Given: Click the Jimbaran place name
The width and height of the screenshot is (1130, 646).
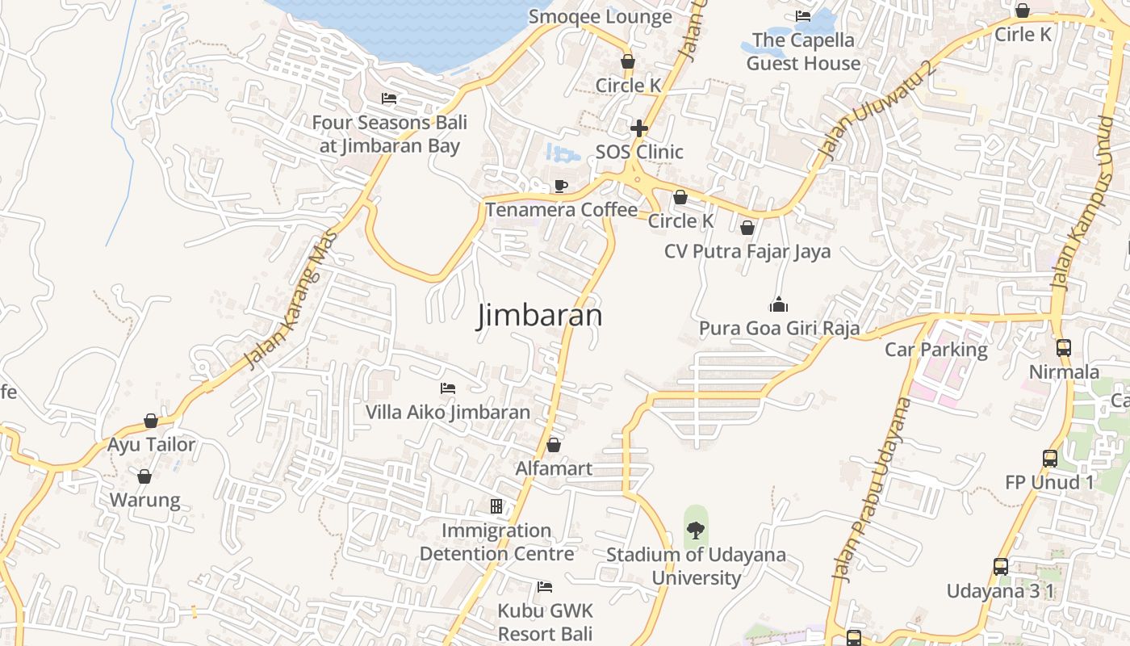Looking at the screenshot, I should [x=539, y=315].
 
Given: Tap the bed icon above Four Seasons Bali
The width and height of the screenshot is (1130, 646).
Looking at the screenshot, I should [x=389, y=99].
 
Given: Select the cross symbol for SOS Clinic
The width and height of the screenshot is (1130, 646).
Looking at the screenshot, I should [x=639, y=128].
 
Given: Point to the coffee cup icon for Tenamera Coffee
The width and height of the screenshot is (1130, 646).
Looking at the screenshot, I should [x=561, y=187].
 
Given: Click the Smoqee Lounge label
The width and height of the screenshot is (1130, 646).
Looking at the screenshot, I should [x=600, y=17].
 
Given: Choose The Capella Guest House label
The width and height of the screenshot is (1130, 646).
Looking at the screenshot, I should [x=802, y=52].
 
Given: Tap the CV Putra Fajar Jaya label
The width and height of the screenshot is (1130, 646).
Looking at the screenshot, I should [x=747, y=251].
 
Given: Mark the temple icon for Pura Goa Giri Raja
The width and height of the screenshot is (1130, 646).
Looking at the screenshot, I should [x=778, y=304].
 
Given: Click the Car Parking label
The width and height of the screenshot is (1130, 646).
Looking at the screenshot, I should [x=935, y=350].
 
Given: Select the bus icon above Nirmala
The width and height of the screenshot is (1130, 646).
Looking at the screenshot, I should [x=1064, y=348].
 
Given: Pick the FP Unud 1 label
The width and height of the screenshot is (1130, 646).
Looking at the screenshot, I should [x=1049, y=482].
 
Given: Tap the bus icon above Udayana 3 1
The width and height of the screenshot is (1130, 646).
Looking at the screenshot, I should [x=1001, y=567].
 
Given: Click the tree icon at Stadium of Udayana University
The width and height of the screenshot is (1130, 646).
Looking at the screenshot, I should [x=695, y=530].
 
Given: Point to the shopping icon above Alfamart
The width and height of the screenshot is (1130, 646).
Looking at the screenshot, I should [x=554, y=445].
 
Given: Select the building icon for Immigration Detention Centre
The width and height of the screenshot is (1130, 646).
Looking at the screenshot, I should [x=496, y=506].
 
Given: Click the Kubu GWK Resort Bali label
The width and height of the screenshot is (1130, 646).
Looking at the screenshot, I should [x=545, y=622].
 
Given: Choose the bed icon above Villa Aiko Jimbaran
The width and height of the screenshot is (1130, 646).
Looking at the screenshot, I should [x=448, y=388].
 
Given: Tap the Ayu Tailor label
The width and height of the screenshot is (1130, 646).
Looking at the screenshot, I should [x=152, y=444].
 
